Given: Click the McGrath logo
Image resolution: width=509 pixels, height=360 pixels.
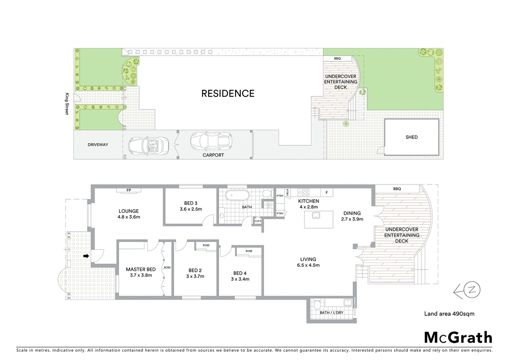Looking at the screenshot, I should pyautogui.click(x=458, y=338).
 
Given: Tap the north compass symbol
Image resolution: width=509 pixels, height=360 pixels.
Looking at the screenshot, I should pyautogui.click(x=468, y=290).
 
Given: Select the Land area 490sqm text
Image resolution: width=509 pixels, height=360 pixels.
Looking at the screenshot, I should pyautogui.click(x=449, y=314).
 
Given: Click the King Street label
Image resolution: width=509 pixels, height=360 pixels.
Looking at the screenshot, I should pyautogui.click(x=67, y=104).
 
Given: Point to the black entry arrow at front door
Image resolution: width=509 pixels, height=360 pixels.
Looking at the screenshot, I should pyautogui.click(x=86, y=256).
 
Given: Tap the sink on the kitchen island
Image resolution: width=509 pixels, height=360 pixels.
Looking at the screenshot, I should pyautogui.click(x=316, y=216).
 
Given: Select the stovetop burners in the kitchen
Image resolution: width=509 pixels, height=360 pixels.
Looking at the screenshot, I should pyautogui.click(x=303, y=192).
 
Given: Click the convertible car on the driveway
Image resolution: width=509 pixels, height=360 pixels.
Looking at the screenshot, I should pyautogui.click(x=148, y=146).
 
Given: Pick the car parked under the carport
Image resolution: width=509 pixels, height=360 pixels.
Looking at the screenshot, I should pyautogui.click(x=211, y=141).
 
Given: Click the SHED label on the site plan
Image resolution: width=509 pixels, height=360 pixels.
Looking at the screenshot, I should pyautogui.click(x=411, y=137).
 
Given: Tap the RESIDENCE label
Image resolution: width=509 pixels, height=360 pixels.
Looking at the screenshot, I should pyautogui.click(x=228, y=94).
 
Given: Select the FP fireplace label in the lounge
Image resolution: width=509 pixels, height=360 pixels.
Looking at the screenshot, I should pyautogui.click(x=129, y=190).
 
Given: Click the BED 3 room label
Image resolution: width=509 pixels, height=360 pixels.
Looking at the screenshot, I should pyautogui.click(x=191, y=203).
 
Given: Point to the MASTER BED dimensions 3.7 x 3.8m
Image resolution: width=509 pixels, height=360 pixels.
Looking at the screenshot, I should pyautogui.click(x=141, y=275).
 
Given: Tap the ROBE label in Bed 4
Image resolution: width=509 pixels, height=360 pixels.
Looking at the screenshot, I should pyautogui.click(x=249, y=251).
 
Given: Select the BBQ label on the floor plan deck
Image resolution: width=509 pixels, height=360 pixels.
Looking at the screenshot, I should pyautogui.click(x=397, y=189).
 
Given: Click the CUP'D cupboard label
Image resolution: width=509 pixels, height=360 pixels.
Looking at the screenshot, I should pyautogui.click(x=258, y=221).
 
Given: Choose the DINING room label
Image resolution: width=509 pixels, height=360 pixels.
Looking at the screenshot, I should pyautogui.click(x=352, y=213).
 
